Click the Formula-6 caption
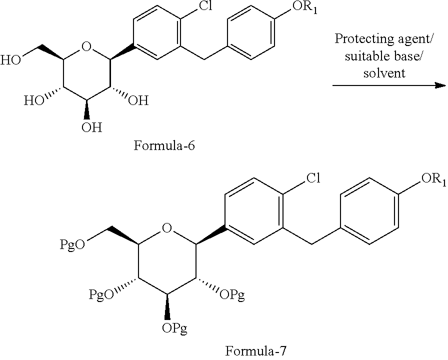click(x=164, y=145)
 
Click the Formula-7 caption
click(x=255, y=351)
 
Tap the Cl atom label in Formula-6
click(x=205, y=5)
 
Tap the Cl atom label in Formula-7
click(x=313, y=178)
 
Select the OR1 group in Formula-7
click(x=433, y=179)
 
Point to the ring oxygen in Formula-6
click(x=86, y=46)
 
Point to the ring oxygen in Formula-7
click(x=167, y=228)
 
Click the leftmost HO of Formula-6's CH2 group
click(x=10, y=60)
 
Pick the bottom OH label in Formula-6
click(x=91, y=127)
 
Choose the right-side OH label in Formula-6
click(x=138, y=100)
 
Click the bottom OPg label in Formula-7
click(x=174, y=328)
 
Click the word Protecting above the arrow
click(x=358, y=39)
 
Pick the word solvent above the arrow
click(x=384, y=73)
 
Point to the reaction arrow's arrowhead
click(x=440, y=85)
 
